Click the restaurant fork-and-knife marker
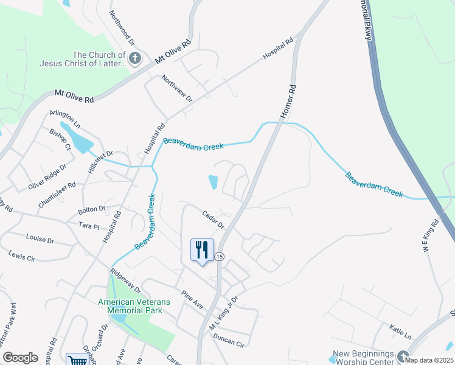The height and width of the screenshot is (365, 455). [x=202, y=249]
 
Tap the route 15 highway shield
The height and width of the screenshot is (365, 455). [x=220, y=257]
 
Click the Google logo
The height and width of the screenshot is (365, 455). [x=20, y=358]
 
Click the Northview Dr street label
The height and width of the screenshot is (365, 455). [x=177, y=88]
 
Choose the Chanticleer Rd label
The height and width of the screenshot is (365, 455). [x=57, y=195]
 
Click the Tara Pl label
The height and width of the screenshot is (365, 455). [x=89, y=225]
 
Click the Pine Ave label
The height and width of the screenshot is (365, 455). [x=192, y=299]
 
